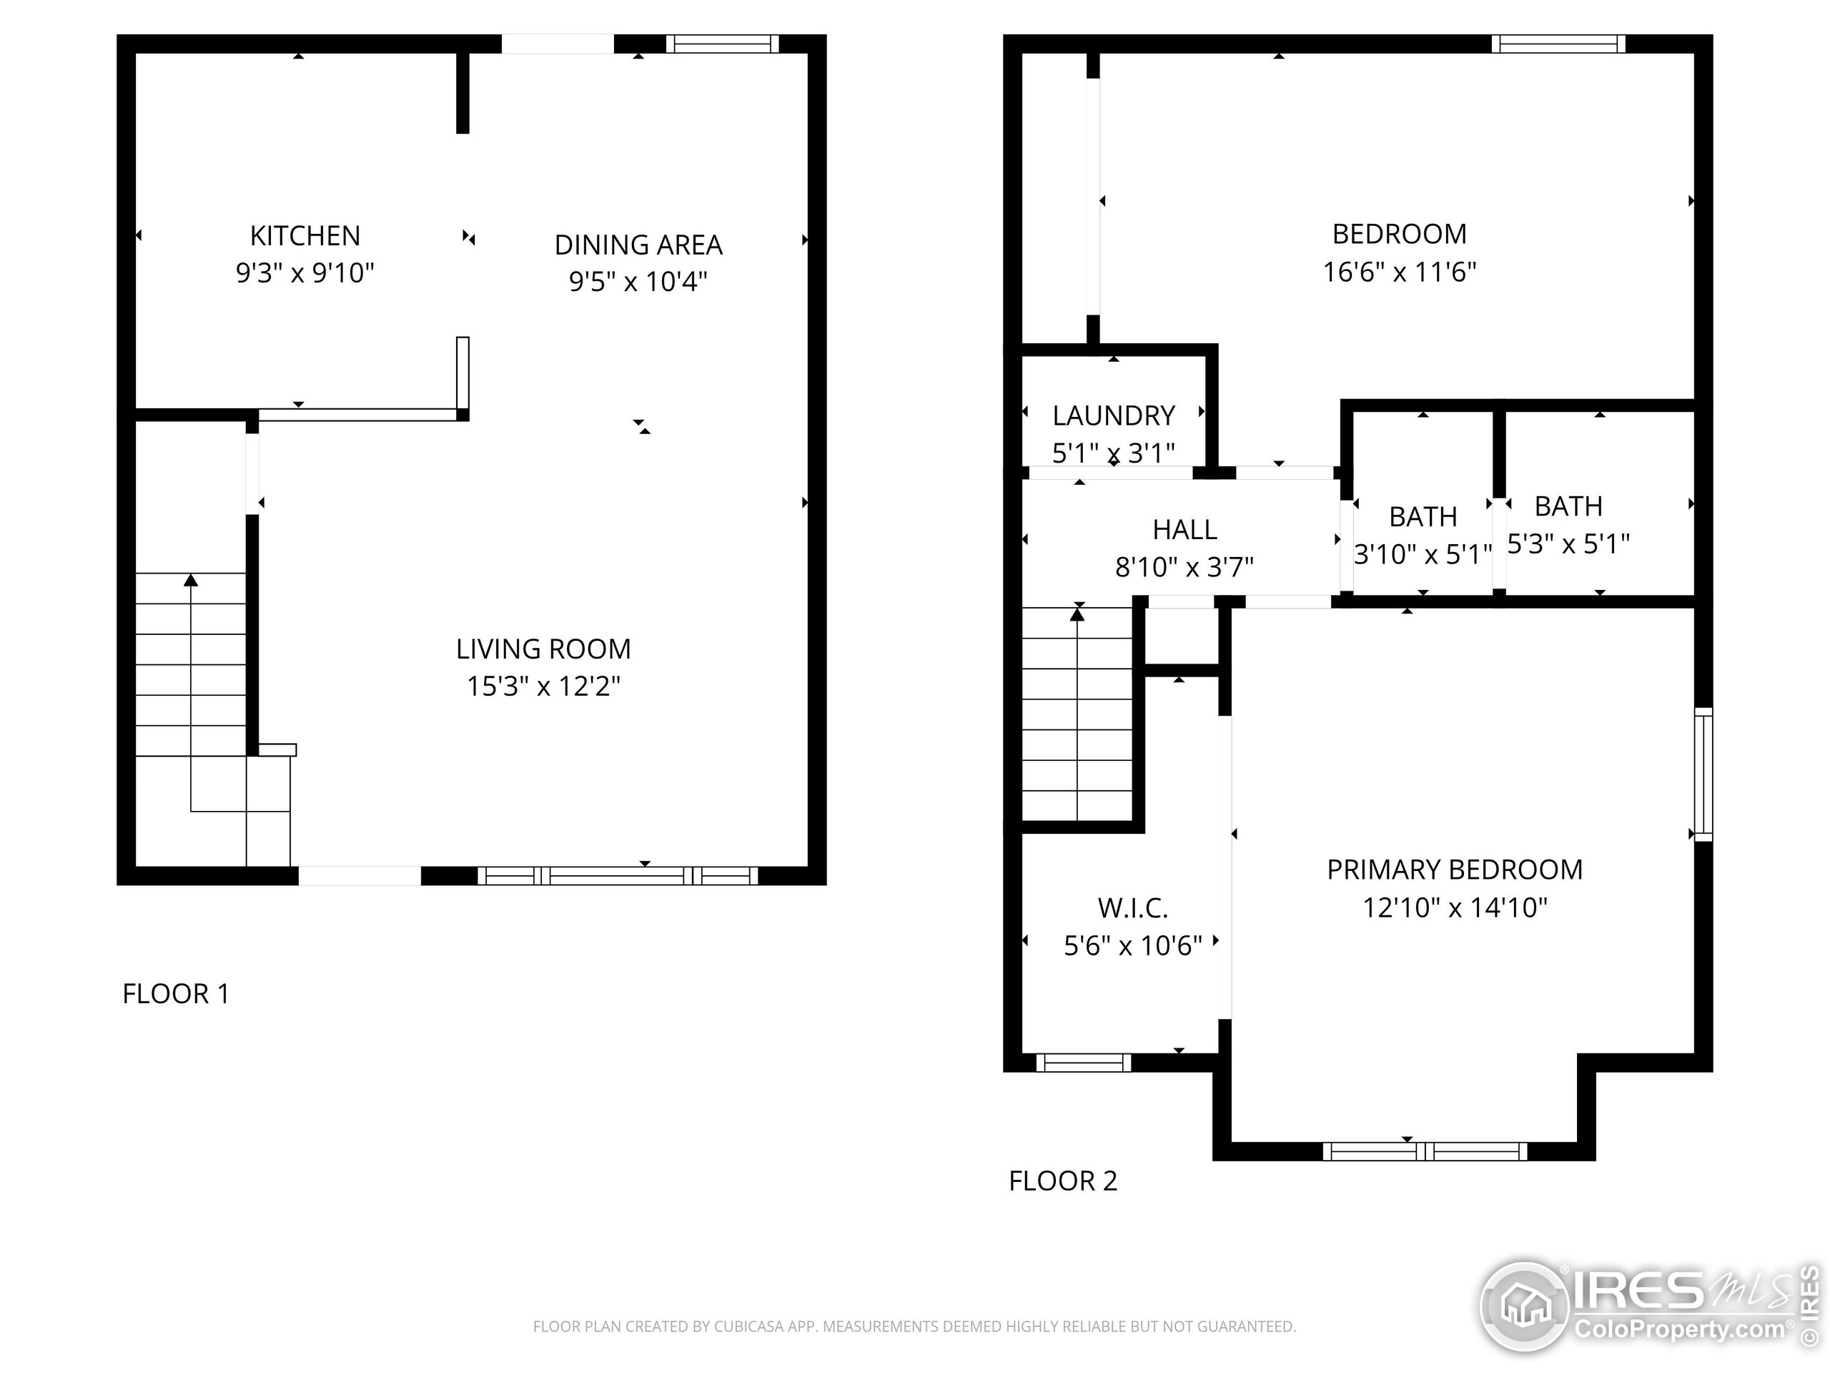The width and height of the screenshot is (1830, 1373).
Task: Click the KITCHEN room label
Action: (x=305, y=236)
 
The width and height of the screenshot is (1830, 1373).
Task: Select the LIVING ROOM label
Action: (x=543, y=649)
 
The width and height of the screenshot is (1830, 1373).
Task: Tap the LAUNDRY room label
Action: (x=1113, y=415)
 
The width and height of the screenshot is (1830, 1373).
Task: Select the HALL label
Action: (x=1184, y=530)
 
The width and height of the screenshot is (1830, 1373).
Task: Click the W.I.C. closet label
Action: (x=1132, y=909)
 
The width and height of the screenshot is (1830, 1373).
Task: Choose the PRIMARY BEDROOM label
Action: (x=1455, y=870)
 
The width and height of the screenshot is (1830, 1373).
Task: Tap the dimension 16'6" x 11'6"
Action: (x=1399, y=272)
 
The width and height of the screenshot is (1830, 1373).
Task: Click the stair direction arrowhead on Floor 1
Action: (x=191, y=580)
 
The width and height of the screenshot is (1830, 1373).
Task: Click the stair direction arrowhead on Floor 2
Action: (x=1077, y=614)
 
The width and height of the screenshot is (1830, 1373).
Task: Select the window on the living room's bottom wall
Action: (x=617, y=875)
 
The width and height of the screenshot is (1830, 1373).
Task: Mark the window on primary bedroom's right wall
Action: (x=1703, y=774)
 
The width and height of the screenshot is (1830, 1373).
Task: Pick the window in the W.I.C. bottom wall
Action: (x=1083, y=1063)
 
